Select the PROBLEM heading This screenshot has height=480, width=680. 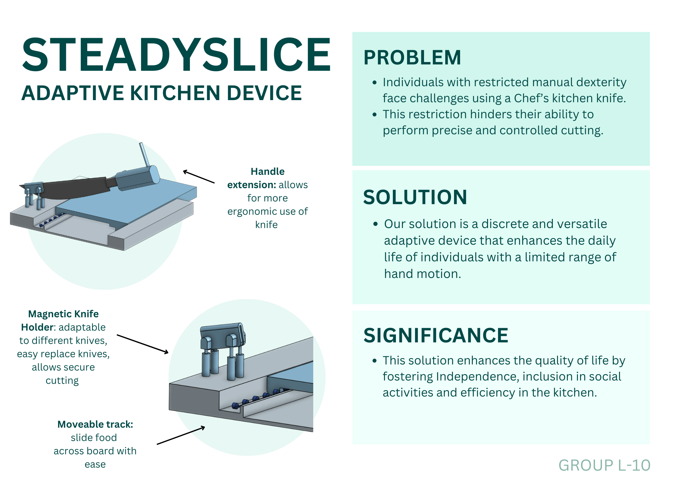pyautogui.click(x=412, y=57)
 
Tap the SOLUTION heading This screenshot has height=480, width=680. pyautogui.click(x=415, y=197)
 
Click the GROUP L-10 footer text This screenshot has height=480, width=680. pyautogui.click(x=605, y=465)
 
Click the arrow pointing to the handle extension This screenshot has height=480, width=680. pyautogui.click(x=199, y=177)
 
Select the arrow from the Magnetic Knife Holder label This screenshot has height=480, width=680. pyautogui.click(x=143, y=344)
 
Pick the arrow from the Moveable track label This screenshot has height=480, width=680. pyautogui.click(x=181, y=435)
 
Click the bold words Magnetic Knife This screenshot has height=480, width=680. pyautogui.click(x=63, y=314)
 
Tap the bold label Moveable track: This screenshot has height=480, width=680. pyautogui.click(x=95, y=424)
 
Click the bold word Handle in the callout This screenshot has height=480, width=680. pyautogui.click(x=267, y=171)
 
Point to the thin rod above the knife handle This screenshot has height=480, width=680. pyautogui.click(x=144, y=155)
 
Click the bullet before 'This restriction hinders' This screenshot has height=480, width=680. pyautogui.click(x=375, y=115)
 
